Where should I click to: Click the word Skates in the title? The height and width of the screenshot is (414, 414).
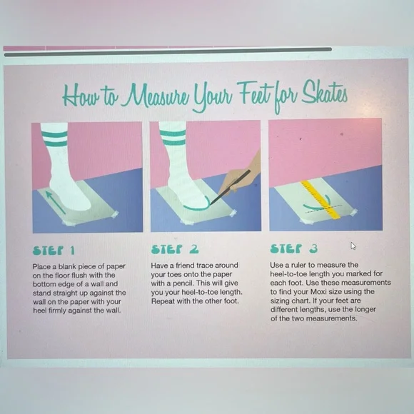pyautogui.click(x=324, y=94)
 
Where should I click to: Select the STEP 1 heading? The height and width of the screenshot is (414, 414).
pyautogui.click(x=54, y=251)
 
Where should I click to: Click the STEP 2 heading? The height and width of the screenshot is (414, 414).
pyautogui.click(x=175, y=249)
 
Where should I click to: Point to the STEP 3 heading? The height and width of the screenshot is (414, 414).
pyautogui.click(x=294, y=248)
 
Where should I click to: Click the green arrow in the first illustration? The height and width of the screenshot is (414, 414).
pyautogui.click(x=55, y=202)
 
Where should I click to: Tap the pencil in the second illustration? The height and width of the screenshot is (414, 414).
pyautogui.click(x=230, y=187)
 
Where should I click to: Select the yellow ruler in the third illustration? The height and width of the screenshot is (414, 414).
pyautogui.click(x=320, y=200)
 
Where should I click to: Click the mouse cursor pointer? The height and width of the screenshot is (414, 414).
pyautogui.click(x=353, y=246)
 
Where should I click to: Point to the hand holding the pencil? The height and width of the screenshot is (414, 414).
pyautogui.click(x=241, y=176)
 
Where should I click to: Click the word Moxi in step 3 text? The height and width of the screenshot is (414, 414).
pyautogui.click(x=318, y=292)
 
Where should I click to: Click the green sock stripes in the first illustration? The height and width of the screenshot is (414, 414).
pyautogui.click(x=54, y=139)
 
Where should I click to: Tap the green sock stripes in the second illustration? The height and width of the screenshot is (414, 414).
pyautogui.click(x=173, y=137)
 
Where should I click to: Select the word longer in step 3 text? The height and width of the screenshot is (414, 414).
pyautogui.click(x=365, y=309)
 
